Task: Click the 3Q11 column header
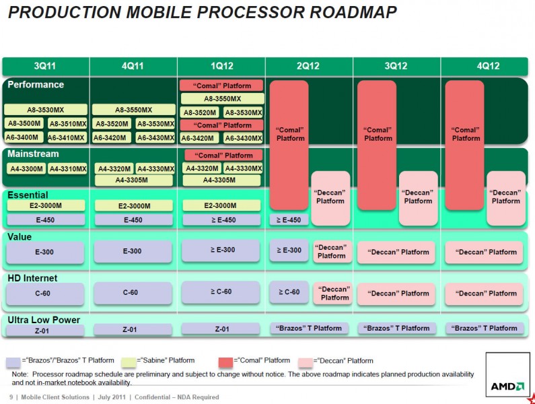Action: point(45,66)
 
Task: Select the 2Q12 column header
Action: point(308,66)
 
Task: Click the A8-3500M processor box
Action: point(24,123)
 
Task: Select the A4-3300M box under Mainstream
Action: point(26,169)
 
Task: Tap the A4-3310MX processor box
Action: point(67,169)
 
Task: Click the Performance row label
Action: point(36,85)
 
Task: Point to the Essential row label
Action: point(28,195)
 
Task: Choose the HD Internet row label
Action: point(32,278)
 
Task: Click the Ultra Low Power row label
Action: point(44,320)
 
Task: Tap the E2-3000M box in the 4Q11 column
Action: point(134,206)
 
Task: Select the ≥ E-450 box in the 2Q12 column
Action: point(289,220)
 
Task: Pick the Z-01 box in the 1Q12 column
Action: point(221,329)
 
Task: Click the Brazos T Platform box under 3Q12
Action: point(396,329)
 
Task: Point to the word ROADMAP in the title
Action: point(353,12)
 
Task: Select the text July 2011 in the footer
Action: point(112,397)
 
